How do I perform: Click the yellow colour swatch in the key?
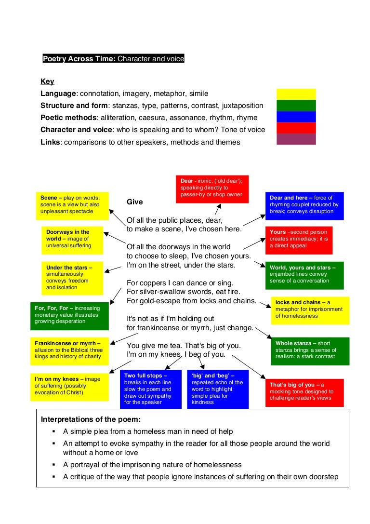pyautogui.click(x=296, y=94)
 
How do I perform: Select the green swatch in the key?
pyautogui.click(x=296, y=105)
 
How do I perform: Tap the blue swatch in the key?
pyautogui.click(x=296, y=117)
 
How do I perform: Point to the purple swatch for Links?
pyautogui.click(x=296, y=139)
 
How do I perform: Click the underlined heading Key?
pyautogui.click(x=47, y=81)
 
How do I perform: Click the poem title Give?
pyautogui.click(x=134, y=202)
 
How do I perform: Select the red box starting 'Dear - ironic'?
pyautogui.click(x=212, y=189)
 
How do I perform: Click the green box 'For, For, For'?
pyautogui.click(x=66, y=315)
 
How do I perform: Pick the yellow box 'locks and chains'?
pyautogui.click(x=310, y=310)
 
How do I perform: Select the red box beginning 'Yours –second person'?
pyautogui.click(x=299, y=240)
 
